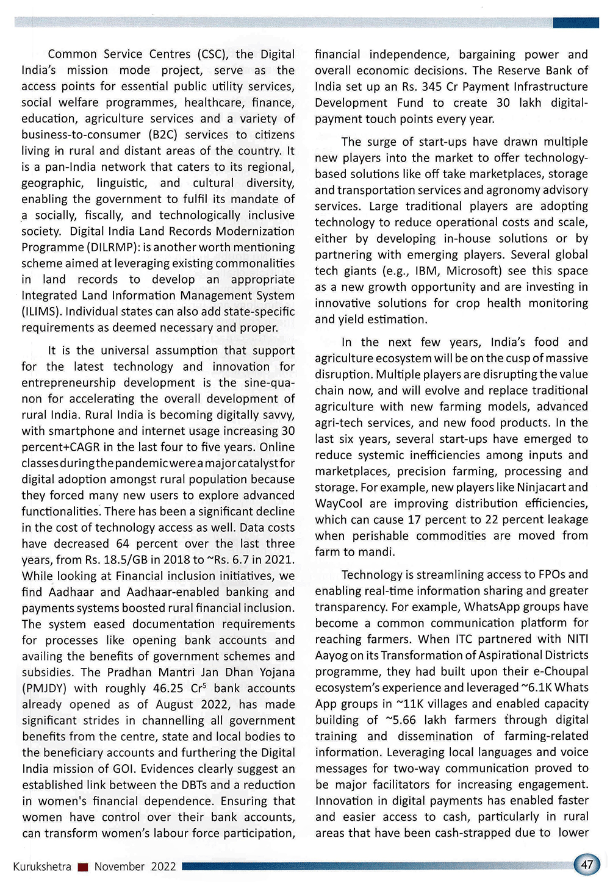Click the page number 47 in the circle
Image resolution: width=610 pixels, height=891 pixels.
pyautogui.click(x=587, y=864)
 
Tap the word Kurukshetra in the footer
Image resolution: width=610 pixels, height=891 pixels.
pyautogui.click(x=42, y=867)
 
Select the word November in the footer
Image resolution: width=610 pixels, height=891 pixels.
pyautogui.click(x=120, y=867)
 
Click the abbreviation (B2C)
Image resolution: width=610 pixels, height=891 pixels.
pyautogui.click(x=161, y=135)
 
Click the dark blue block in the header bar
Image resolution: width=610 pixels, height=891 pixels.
pyautogui.click(x=575, y=23)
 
